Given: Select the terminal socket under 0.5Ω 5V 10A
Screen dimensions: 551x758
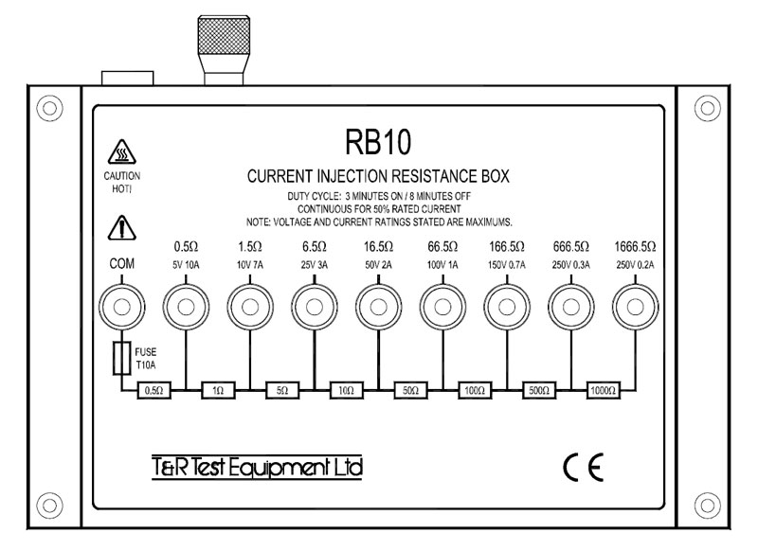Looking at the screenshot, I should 184,308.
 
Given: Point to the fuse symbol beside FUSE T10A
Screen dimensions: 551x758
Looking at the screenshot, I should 120,358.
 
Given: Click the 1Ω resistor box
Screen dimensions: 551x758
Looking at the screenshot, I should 217,389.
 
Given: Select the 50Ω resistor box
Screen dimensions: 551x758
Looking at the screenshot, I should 410,389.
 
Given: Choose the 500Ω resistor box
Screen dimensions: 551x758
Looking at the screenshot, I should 539,389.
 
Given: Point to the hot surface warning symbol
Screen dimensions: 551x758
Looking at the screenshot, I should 121,152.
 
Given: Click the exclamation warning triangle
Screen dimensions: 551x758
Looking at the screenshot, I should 121,227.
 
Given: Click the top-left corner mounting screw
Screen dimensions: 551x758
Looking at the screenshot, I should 46,104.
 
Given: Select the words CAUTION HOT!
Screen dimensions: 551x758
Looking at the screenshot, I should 121,183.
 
